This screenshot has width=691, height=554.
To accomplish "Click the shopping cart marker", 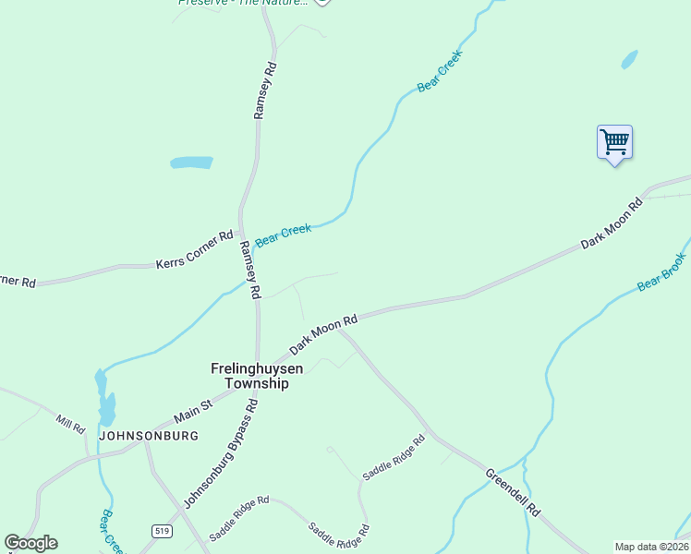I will tap(614, 143).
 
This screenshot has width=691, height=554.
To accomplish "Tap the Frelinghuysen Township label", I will tap(257, 375).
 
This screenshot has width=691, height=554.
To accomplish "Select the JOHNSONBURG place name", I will tap(149, 436).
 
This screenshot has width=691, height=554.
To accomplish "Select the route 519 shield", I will tap(162, 530).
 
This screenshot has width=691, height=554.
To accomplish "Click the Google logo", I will tap(30, 543).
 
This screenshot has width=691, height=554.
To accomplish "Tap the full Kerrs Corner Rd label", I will tap(194, 250).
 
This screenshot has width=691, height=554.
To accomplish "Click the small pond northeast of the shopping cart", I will tap(630, 60).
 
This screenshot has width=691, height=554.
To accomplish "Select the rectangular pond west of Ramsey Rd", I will tap(191, 163).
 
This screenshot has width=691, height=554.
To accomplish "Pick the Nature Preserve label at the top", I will tap(242, 3).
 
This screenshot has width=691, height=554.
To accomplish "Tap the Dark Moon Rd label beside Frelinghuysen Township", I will tap(323, 334).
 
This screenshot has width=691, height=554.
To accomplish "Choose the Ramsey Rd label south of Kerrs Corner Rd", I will tap(250, 271).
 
